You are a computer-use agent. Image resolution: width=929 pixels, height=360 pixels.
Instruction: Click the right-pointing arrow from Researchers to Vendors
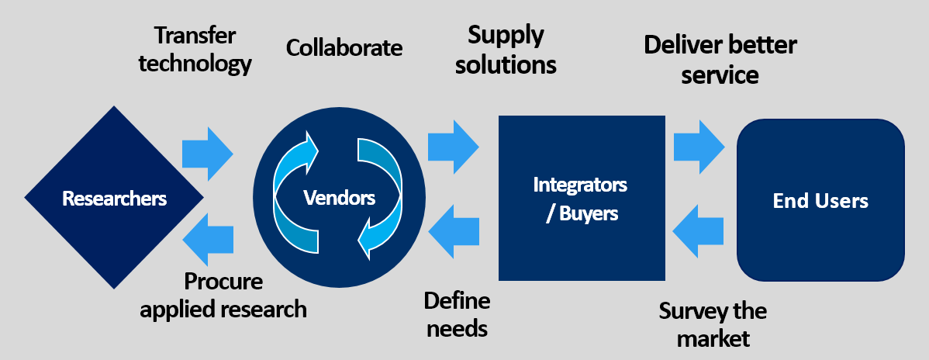tap(208, 149)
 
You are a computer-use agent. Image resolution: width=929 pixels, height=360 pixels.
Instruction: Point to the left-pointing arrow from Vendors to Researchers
tap(209, 236)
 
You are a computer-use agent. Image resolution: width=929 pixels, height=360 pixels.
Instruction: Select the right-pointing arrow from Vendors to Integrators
tap(453, 144)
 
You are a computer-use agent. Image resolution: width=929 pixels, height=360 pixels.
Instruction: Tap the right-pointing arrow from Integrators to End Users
tap(699, 144)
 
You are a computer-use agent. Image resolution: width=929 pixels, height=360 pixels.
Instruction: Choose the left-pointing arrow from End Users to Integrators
tap(699, 230)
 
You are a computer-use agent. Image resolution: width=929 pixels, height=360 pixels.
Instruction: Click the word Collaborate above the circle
tap(344, 48)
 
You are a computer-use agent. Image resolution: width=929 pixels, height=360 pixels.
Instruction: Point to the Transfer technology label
tap(195, 49)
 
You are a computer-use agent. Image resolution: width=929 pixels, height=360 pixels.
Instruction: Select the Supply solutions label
tap(506, 49)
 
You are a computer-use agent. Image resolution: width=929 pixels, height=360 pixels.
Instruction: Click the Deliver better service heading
tap(720, 60)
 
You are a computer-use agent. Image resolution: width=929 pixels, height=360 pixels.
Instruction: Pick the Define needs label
tap(457, 313)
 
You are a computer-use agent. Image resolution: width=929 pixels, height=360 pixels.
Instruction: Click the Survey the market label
tap(713, 324)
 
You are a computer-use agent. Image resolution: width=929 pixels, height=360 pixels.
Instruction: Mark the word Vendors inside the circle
tap(339, 198)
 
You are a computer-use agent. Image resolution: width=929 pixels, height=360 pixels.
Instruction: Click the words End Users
tap(820, 202)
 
